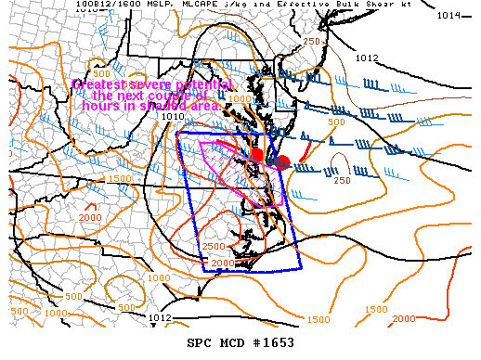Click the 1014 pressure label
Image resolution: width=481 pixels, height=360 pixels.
pos(450,15)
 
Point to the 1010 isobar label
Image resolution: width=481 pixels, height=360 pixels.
pos(172,116)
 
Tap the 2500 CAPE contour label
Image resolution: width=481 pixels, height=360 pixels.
pos(213,247)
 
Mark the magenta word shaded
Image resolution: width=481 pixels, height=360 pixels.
pos(162,106)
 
